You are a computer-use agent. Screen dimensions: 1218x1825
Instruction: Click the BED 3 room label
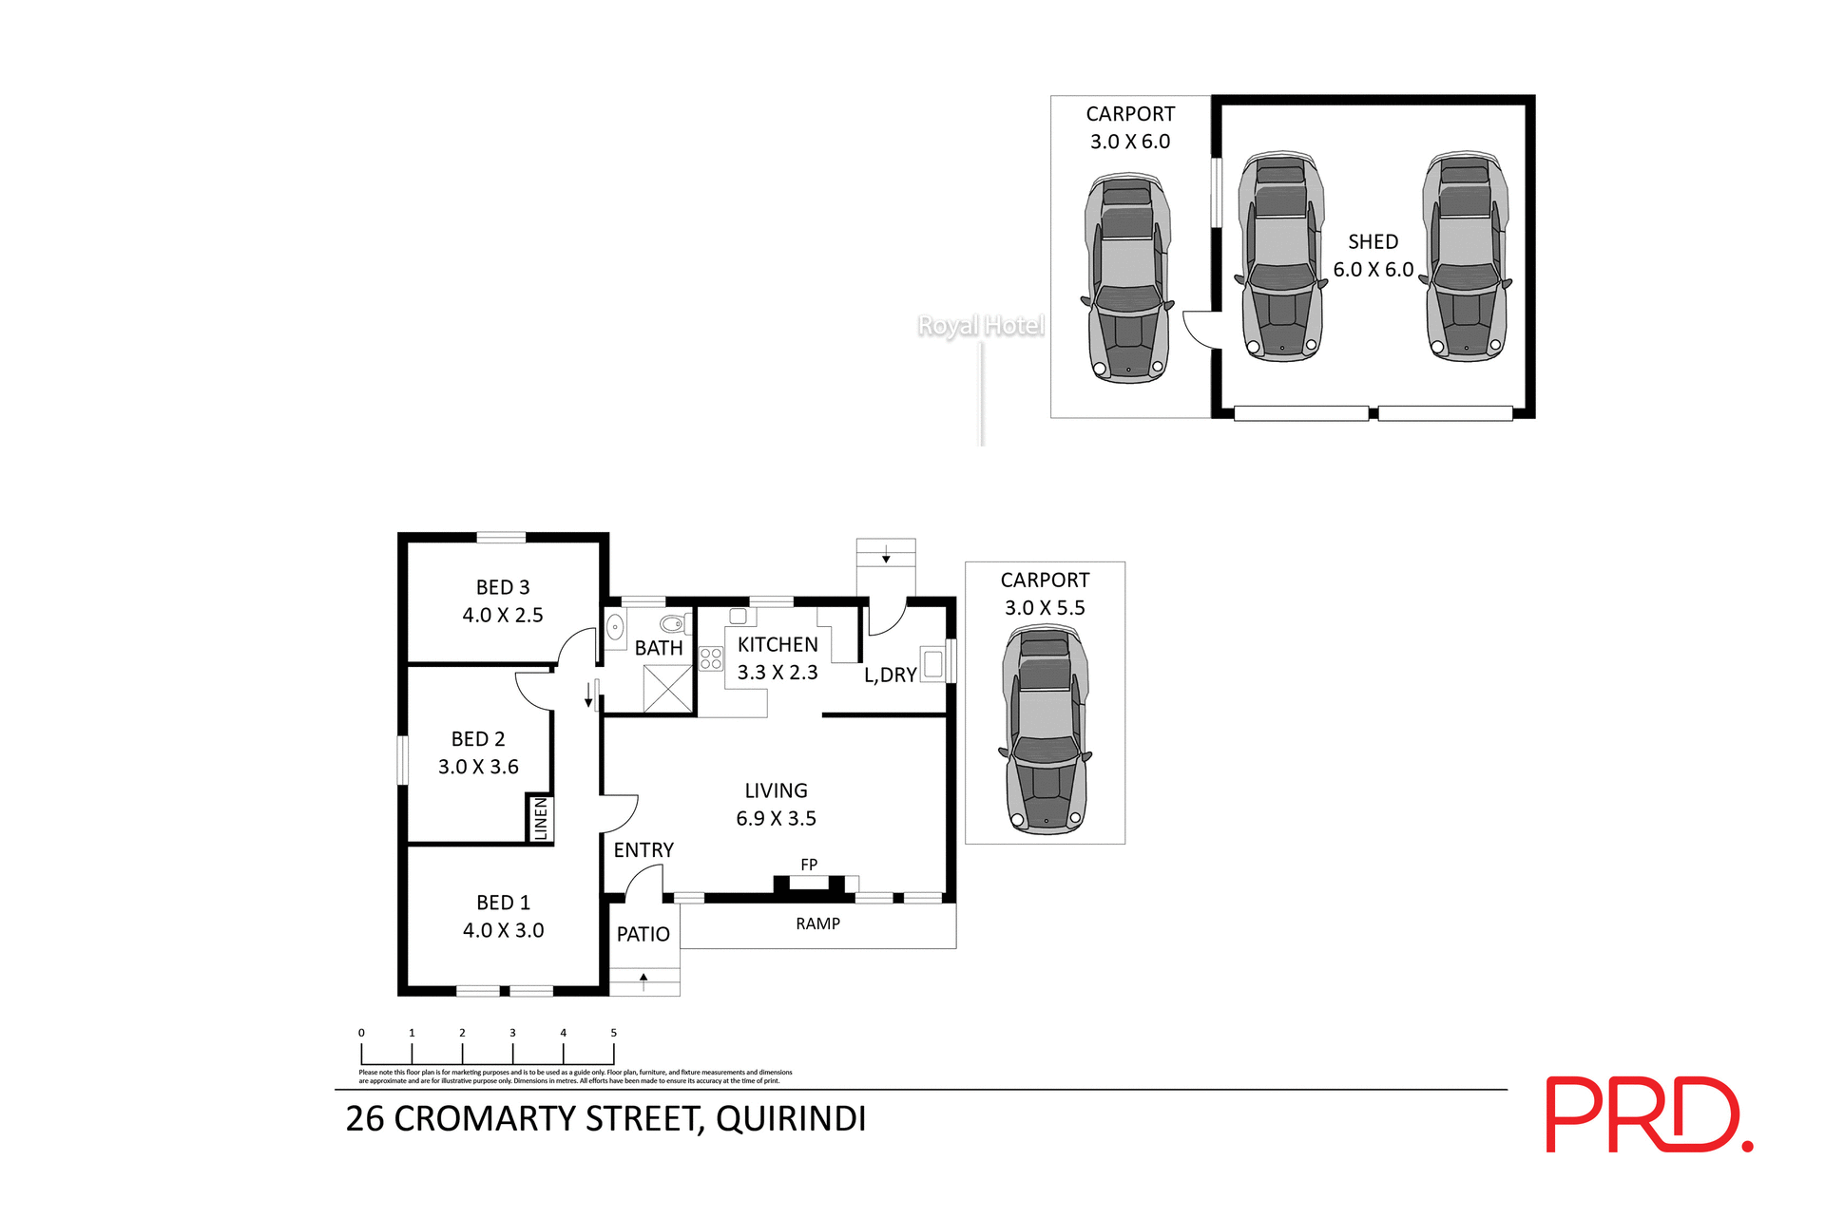click(502, 587)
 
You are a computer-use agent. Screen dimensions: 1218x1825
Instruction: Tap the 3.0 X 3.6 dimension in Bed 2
click(478, 767)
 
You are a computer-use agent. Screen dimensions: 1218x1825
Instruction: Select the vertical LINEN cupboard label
click(541, 818)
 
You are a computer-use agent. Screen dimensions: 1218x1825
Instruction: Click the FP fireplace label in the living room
click(809, 865)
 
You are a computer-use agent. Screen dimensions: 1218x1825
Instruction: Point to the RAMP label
click(817, 923)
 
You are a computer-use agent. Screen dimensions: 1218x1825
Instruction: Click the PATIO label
click(644, 934)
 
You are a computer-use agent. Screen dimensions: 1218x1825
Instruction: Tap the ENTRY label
click(644, 850)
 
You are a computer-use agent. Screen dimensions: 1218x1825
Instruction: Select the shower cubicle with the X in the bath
click(667, 689)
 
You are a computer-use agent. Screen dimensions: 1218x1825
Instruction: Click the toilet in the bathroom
click(674, 624)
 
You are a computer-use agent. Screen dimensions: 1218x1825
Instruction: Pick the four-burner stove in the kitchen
click(710, 658)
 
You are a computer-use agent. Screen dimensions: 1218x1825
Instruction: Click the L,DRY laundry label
click(890, 675)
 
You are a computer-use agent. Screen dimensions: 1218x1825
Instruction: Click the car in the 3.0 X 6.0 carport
click(1127, 278)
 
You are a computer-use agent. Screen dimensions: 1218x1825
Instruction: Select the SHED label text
click(1373, 241)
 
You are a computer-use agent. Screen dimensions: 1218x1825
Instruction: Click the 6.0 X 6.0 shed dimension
click(1373, 270)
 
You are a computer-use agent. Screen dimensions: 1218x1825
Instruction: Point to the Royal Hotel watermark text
click(980, 326)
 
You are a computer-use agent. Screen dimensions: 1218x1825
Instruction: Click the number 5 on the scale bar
click(613, 1033)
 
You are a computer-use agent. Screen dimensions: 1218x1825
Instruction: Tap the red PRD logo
click(1647, 1114)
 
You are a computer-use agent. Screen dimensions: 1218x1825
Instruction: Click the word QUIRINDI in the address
click(791, 1119)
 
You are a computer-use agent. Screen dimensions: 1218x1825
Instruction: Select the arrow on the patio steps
click(644, 978)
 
